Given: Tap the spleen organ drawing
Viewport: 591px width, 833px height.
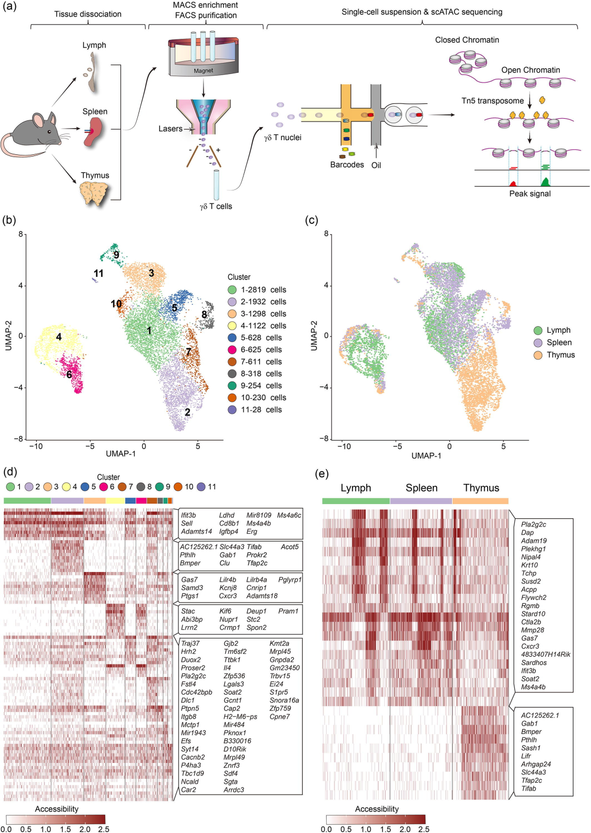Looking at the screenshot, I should tap(93, 134).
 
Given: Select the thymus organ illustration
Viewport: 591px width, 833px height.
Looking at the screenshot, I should tap(95, 193).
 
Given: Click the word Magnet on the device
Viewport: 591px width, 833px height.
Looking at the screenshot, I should tap(203, 71).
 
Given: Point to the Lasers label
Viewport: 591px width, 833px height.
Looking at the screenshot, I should tap(170, 129).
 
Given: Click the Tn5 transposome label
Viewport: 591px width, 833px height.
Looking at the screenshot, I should tap(493, 101).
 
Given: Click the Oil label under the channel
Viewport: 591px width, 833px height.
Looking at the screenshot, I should tap(376, 165).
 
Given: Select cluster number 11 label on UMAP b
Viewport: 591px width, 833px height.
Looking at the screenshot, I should tap(99, 273).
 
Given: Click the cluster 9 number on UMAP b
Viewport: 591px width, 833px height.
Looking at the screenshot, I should tap(116, 255).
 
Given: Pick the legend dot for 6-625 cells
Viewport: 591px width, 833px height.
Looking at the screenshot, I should tap(232, 350).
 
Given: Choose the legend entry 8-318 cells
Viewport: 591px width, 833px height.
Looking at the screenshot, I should tap(261, 374).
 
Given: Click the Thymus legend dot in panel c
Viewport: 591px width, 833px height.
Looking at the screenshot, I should tap(538, 355).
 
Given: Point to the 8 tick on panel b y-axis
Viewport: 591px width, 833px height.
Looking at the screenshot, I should tap(21, 234).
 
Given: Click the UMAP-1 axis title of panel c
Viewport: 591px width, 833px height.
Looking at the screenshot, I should tap(426, 455).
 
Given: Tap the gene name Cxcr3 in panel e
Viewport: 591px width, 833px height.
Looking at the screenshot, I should tap(530, 646).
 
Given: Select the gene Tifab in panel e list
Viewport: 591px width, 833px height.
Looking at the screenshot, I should tap(529, 789).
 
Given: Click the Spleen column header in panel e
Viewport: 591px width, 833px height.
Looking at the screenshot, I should tap(421, 488).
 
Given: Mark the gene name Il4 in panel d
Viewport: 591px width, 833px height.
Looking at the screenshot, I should tap(227, 668).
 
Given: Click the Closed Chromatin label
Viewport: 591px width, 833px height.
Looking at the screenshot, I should tap(467, 40).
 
